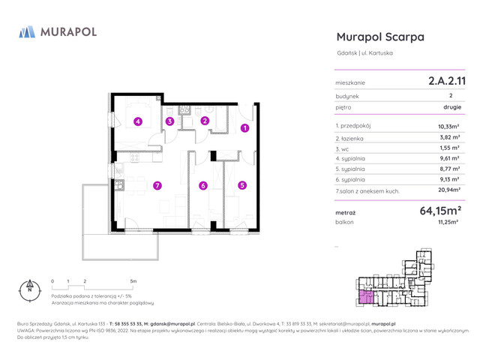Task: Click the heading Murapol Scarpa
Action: coord(380,37)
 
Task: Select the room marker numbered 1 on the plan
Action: coord(244,128)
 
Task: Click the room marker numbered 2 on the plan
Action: coord(205,121)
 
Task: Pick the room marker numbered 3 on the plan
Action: coord(170,121)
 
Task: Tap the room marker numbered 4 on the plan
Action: coord(138,121)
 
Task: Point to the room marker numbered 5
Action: coord(242,185)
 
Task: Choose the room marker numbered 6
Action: coord(202,185)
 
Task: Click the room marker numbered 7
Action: coord(157,185)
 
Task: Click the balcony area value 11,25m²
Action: coord(448,223)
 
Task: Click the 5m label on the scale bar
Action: coord(133,280)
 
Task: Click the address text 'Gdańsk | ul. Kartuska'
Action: coord(364,53)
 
